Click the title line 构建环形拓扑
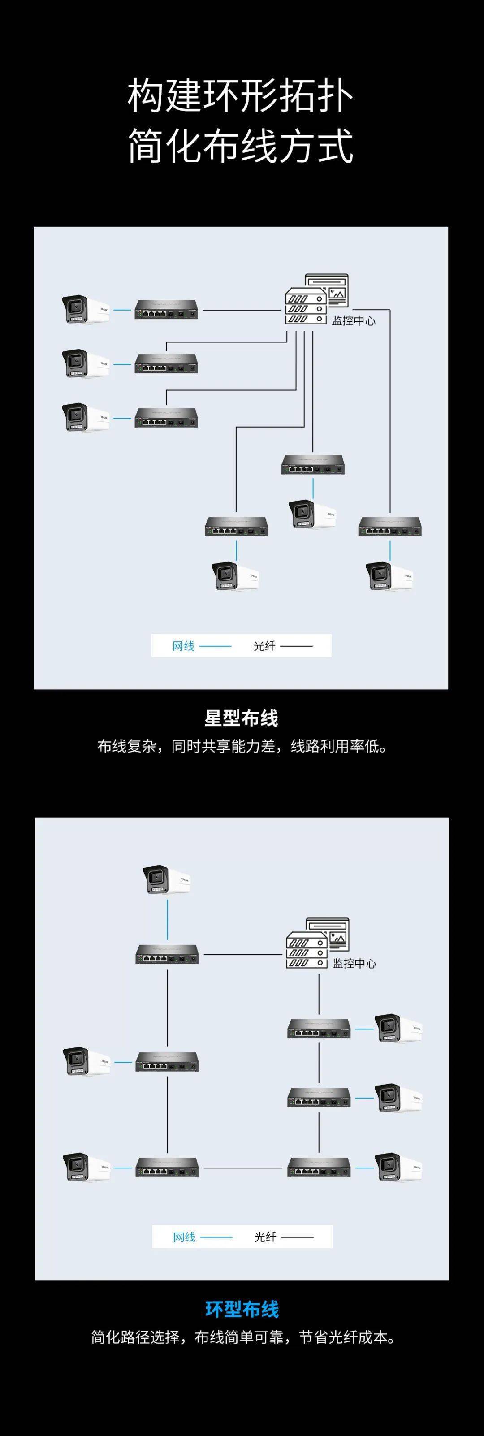241,95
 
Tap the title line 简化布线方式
241,146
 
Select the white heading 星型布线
241,718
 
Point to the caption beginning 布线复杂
242,746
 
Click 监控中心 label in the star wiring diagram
353,321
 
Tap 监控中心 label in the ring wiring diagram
354,963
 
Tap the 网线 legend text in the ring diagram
184,1237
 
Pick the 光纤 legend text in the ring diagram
265,1237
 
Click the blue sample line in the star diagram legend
215,647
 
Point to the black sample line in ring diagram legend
297,1237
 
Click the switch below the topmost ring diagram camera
167,954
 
